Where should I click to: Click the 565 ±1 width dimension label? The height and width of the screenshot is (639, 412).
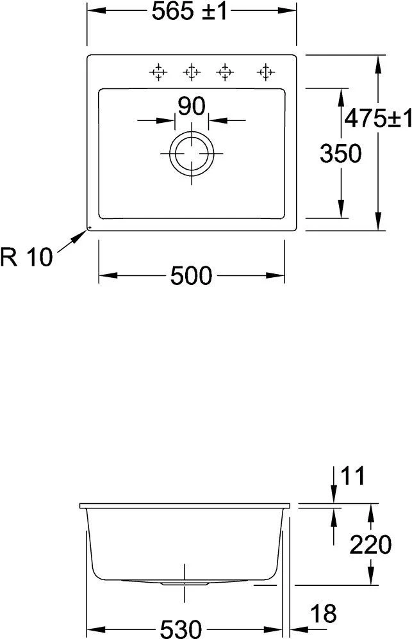pyautogui.click(x=190, y=13)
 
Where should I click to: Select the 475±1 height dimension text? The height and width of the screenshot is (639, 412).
pyautogui.click(x=377, y=118)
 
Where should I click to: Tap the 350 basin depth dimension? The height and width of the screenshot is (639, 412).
pyautogui.click(x=340, y=154)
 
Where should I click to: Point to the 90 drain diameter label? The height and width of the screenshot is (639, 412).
pyautogui.click(x=191, y=106)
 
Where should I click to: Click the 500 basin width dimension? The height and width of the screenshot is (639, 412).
pyautogui.click(x=192, y=276)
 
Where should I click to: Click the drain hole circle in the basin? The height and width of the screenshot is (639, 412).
pyautogui.click(x=191, y=154)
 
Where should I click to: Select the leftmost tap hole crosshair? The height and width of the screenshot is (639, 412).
pyautogui.click(x=157, y=72)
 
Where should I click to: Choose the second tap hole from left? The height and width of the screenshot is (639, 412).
pyautogui.click(x=191, y=72)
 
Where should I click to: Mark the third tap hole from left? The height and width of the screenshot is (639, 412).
pyautogui.click(x=224, y=72)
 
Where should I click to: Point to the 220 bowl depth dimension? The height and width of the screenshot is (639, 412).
pyautogui.click(x=370, y=545)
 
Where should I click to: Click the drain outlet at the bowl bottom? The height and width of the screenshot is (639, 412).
pyautogui.click(x=185, y=583)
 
